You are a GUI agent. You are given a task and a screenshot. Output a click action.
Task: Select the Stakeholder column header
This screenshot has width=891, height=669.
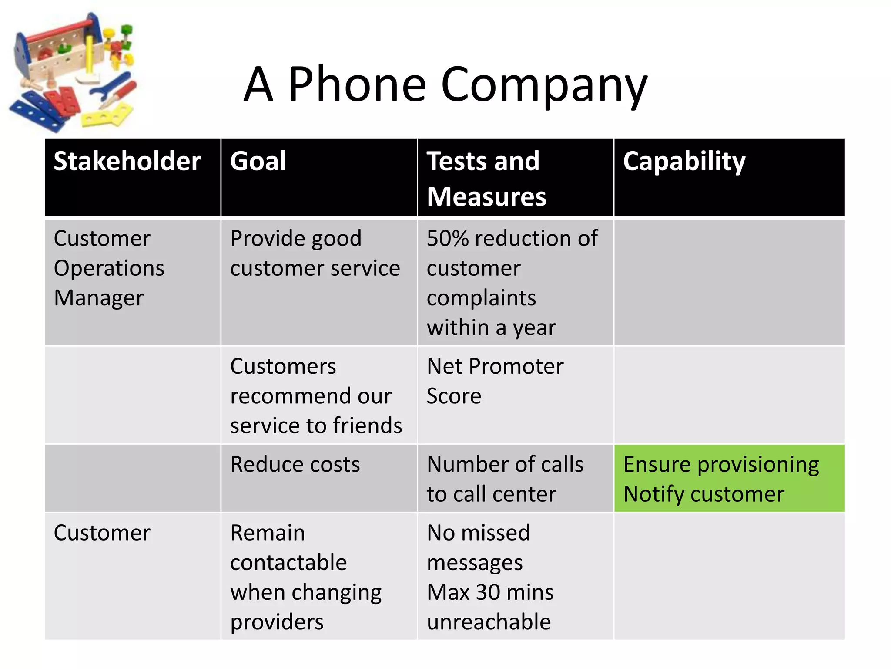127,161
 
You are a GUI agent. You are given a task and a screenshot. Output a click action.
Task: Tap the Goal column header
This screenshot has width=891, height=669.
258,161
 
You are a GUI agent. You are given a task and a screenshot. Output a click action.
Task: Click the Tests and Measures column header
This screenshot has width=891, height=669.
486,179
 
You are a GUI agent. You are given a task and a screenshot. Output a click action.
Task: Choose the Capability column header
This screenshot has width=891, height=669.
684,161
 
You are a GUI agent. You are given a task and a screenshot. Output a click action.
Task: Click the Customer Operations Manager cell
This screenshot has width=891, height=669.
109,268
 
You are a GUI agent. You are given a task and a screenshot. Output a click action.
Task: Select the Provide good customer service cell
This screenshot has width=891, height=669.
315,253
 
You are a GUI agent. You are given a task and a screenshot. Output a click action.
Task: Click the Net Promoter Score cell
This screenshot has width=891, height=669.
495,381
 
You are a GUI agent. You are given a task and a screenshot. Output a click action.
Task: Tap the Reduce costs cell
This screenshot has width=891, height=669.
295,464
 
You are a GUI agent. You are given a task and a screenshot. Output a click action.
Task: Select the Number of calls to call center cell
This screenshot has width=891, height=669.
505,479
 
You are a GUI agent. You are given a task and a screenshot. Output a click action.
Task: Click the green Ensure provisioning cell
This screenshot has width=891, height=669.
721,464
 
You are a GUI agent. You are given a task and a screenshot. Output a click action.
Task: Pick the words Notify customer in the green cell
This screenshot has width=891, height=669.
703,494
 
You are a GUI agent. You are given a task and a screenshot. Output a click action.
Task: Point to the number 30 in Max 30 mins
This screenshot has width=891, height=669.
488,592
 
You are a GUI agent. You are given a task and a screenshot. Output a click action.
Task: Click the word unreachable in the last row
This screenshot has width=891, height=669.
489,622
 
